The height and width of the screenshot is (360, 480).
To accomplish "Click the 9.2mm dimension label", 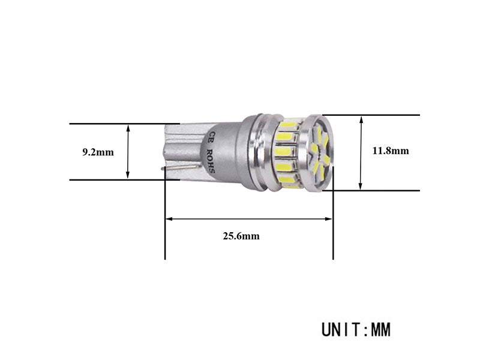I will coord(98,152).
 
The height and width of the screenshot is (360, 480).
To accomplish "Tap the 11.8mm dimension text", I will coord(390,151).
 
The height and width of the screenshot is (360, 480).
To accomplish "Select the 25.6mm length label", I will coord(241,236).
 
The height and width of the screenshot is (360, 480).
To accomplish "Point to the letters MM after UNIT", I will coord(381,330).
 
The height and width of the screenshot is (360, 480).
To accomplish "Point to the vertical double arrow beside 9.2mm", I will coord(128,151).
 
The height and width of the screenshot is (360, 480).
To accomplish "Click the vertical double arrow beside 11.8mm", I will coord(361,152).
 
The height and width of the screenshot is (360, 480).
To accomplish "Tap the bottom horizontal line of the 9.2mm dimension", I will coord(114,179).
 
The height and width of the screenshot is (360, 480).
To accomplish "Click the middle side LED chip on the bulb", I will coord(286,151).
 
